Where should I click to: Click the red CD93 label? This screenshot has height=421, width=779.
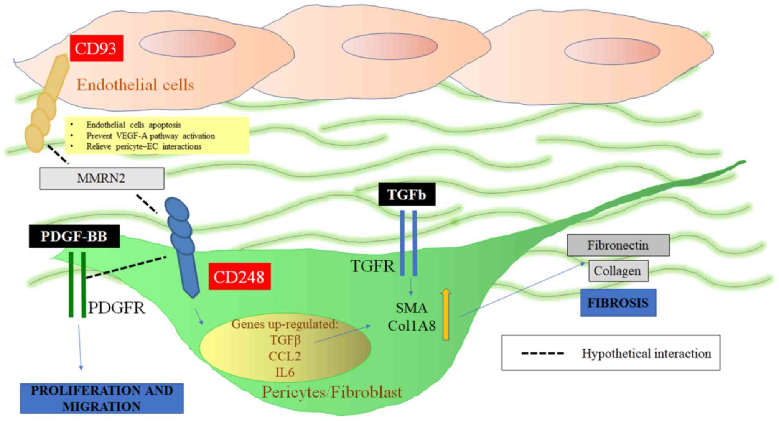coord(96,48)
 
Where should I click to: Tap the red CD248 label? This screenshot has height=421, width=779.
coord(239,276)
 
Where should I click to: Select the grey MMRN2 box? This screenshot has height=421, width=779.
coord(102,178)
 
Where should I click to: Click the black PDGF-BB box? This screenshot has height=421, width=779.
coord(74,236)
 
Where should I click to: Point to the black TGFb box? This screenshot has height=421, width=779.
coord(407,194)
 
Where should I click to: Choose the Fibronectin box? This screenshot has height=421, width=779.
coord(618,245)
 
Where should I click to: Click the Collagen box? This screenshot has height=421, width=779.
coord(618,271)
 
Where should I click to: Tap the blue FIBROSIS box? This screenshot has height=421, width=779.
coord(618,303)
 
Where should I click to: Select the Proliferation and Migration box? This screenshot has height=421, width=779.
coord(102,398)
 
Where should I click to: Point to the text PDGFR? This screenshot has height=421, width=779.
coord(117,308)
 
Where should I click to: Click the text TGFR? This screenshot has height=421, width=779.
coord(372,266)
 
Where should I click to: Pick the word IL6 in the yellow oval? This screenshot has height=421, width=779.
coord(285,372)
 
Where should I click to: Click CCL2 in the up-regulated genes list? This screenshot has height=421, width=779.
coord(285,356)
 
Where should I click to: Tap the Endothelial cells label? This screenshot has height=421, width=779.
coord(135,85)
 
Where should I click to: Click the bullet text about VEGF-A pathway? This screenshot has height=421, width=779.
coord(150,136)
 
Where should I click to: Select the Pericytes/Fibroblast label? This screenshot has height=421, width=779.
coord(332,392)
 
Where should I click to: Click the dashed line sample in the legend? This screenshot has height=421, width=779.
coord(542,353)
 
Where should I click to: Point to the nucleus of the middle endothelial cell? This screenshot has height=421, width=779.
coord(390,46)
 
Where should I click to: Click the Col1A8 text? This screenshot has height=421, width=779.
coord(412,326)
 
